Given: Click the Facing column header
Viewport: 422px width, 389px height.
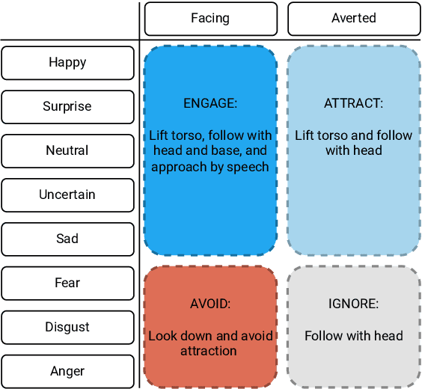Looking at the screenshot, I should pos(210,19).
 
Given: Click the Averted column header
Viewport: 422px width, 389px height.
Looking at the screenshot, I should pos(353,19).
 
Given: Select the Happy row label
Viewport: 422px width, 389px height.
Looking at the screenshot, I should pos(67,63).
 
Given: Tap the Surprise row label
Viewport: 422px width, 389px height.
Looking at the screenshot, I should pos(67,107).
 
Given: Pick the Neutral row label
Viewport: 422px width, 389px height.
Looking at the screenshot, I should pos(67,151).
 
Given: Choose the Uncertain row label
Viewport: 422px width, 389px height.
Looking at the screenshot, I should pos(67,195).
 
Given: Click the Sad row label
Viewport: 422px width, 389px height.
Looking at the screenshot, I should pos(67,239).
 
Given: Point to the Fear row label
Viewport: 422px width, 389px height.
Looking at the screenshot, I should pos(67,284).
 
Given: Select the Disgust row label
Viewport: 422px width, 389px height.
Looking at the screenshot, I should pos(67,328).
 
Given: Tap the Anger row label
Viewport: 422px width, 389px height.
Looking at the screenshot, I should pos(67,372).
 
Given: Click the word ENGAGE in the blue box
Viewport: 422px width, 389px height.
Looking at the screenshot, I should pos(210,104).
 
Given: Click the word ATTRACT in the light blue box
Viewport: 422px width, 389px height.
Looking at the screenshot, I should pos(353,104).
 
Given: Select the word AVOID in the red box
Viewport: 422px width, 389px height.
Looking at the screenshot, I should pos(210,304).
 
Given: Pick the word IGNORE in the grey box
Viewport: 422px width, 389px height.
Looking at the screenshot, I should pos(353,304).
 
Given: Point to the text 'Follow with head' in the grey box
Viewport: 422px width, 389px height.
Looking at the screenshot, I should pos(353,336).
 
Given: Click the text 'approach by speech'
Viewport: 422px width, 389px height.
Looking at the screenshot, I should pos(210,167).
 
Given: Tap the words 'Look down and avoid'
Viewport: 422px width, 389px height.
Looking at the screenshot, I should pos(210,336).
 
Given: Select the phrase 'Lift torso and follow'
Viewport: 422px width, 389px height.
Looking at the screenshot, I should pos(353,135).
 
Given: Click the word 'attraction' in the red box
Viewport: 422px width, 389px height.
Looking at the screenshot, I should pos(209,351).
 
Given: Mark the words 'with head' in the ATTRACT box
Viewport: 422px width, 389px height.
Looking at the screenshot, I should pos(353,150).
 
